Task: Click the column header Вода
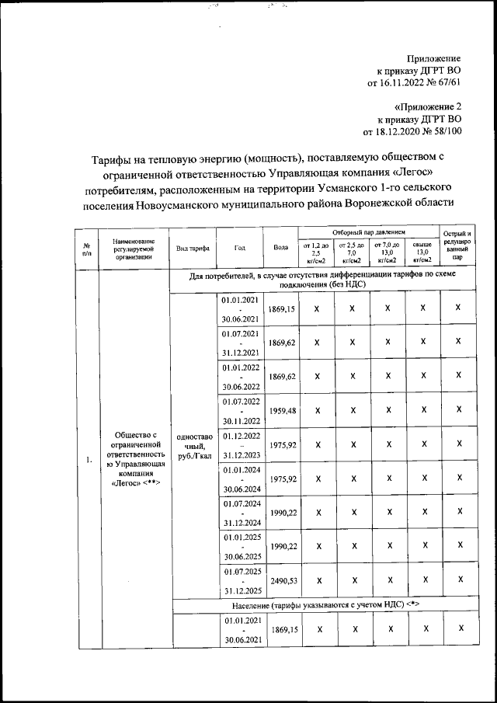click(x=281, y=248)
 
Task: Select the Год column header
click(x=240, y=248)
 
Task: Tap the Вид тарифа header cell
click(x=192, y=248)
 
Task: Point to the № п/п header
click(x=87, y=248)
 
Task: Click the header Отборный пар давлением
click(x=369, y=232)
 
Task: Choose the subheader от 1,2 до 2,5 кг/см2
click(x=316, y=253)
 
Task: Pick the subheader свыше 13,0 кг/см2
click(x=422, y=253)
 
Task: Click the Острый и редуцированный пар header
click(x=458, y=245)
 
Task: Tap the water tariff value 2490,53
click(x=282, y=580)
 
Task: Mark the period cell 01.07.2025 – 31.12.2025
click(x=240, y=580)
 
